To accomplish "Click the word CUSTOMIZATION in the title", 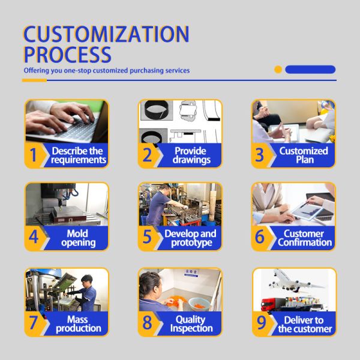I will click(x=106, y=34).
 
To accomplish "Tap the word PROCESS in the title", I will click(x=67, y=54).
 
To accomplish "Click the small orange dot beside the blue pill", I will click(x=278, y=70).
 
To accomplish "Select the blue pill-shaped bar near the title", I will click(x=310, y=70).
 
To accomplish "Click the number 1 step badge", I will click(x=34, y=155).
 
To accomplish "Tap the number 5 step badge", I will click(x=148, y=238).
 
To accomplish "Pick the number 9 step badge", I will click(x=260, y=323).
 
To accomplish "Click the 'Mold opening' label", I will click(x=78, y=238).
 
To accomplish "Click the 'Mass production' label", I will click(x=78, y=324).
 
